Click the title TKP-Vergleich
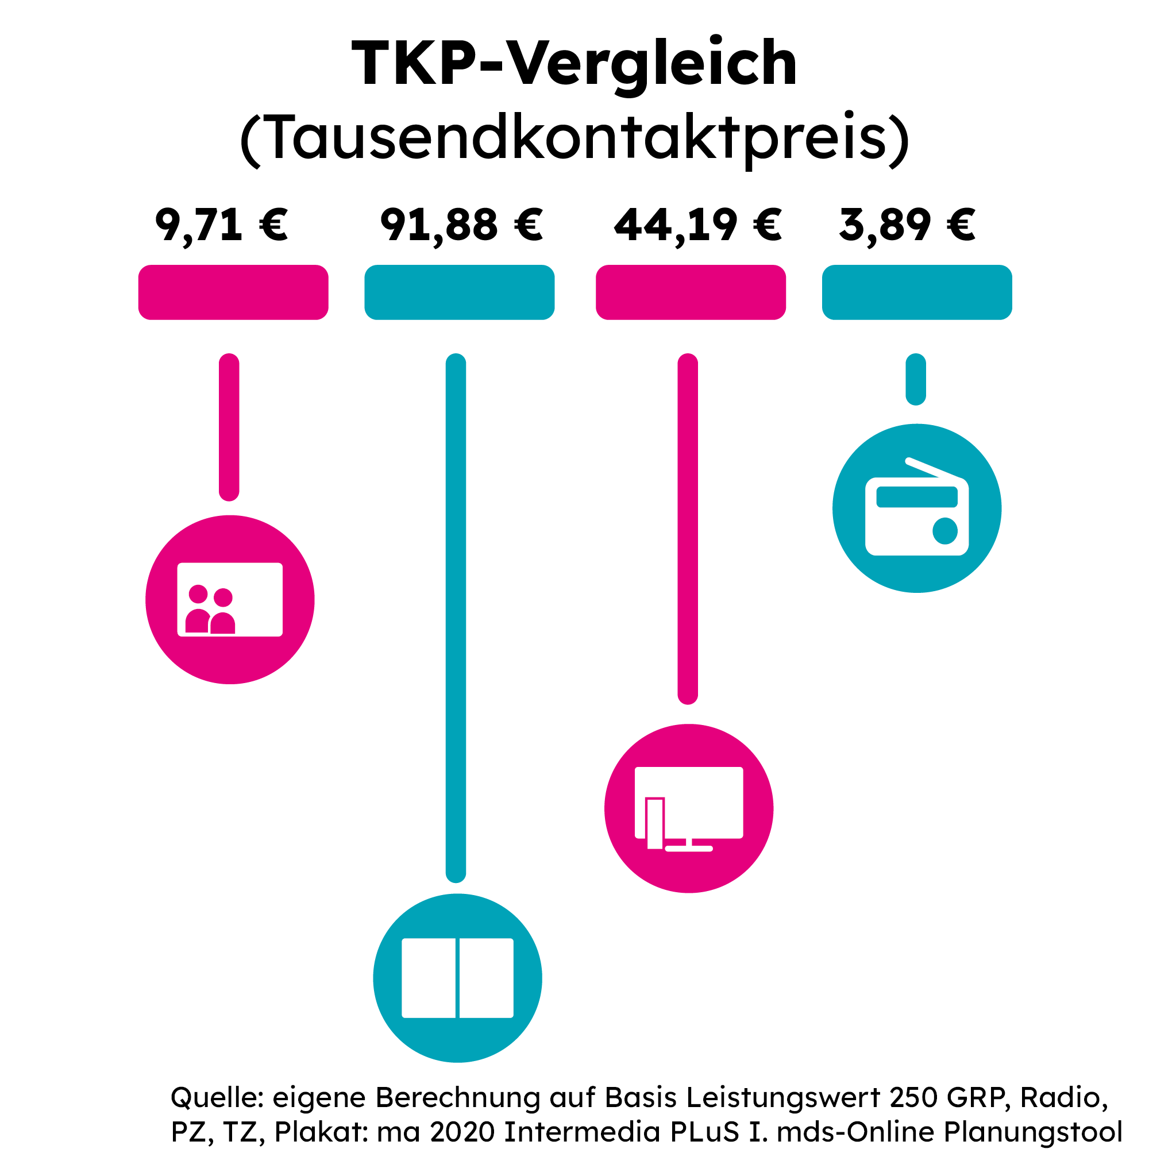[574, 63]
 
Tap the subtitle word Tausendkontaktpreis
[574, 138]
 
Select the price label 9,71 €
[221, 225]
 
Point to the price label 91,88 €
[461, 225]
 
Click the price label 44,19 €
[697, 225]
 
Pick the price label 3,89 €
[907, 225]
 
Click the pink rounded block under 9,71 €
[233, 292]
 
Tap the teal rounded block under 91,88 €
[459, 292]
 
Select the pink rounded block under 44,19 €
[691, 292]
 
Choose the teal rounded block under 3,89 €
[916, 292]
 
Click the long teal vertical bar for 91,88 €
[456, 619]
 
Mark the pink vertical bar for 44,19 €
[688, 529]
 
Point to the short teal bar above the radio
[915, 379]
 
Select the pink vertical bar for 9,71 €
[229, 427]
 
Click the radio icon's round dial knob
[944, 530]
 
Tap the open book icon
[457, 978]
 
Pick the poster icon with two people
[230, 599]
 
